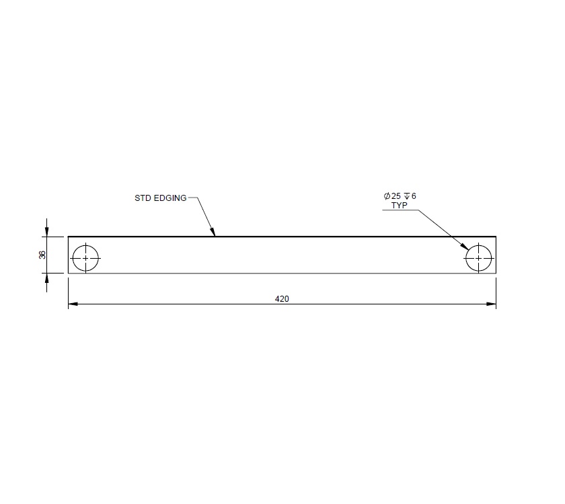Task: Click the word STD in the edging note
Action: point(143,198)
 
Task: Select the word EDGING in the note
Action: point(169,198)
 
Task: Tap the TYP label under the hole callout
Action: point(400,205)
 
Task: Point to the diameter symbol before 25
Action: point(387,196)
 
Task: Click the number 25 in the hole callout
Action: point(396,196)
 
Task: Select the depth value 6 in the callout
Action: point(414,196)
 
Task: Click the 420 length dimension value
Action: point(282,299)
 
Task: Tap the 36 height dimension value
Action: point(42,255)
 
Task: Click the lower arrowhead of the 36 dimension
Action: point(46,278)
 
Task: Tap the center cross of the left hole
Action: point(85,258)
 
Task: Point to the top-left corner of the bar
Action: point(69,237)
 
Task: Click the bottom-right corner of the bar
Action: point(496,273)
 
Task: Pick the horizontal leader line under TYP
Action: point(400,210)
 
